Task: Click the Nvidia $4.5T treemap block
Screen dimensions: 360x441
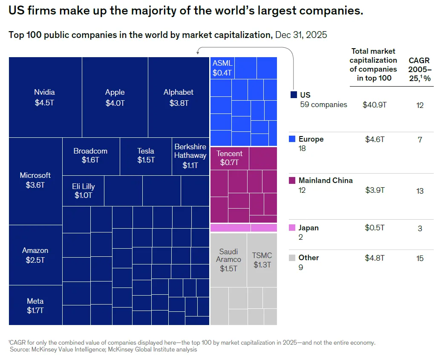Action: click(45, 97)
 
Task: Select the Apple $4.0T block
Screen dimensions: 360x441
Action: click(115, 97)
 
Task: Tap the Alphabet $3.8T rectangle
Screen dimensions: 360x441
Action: click(179, 97)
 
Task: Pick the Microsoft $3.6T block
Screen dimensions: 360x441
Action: click(35, 180)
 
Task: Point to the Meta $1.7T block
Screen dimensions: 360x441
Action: click(35, 305)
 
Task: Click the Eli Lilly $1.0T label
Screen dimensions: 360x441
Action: click(83, 191)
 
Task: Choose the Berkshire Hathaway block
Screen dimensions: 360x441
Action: click(190, 156)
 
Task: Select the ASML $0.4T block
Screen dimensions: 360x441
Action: click(222, 68)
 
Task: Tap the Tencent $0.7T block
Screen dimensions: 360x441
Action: click(229, 158)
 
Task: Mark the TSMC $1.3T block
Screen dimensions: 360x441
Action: click(262, 260)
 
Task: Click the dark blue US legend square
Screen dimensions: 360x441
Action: click(293, 95)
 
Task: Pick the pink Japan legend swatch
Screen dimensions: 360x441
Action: click(292, 228)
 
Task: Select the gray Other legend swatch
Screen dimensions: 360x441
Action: click(292, 258)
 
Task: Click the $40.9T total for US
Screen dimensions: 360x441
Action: click(375, 105)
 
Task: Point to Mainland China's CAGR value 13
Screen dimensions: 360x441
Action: click(420, 191)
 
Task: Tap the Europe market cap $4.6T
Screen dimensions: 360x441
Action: click(375, 139)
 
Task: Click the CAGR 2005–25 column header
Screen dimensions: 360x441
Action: click(420, 69)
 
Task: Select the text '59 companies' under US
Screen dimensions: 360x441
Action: click(323, 105)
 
